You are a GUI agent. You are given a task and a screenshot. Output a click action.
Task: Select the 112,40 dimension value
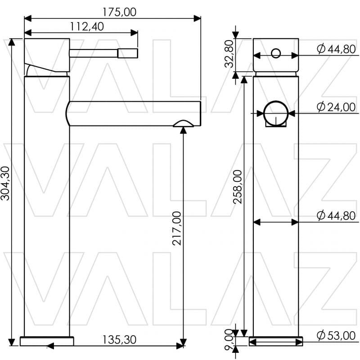click(x=87, y=27)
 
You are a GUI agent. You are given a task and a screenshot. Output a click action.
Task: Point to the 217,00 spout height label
click(x=177, y=228)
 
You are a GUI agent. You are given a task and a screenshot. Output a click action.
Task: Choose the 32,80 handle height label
click(x=230, y=54)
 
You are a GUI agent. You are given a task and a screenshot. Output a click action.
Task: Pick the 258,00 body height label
click(x=238, y=187)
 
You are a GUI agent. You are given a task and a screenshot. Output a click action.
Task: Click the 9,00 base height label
click(x=229, y=341)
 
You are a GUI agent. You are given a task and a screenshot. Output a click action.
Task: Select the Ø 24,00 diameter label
click(x=336, y=107)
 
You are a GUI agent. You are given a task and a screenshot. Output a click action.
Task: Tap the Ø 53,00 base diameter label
click(x=336, y=335)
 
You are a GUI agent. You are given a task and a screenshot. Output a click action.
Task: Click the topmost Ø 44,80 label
click(x=336, y=49)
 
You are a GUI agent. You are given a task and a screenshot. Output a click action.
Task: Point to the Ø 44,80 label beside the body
click(x=336, y=216)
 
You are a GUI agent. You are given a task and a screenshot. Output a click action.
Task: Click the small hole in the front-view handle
click(x=275, y=55)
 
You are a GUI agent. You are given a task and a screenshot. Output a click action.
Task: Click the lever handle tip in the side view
click(x=127, y=54)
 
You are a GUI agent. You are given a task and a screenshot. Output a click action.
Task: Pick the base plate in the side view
click(x=47, y=342)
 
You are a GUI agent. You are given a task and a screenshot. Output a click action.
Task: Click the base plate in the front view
click(x=276, y=342)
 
